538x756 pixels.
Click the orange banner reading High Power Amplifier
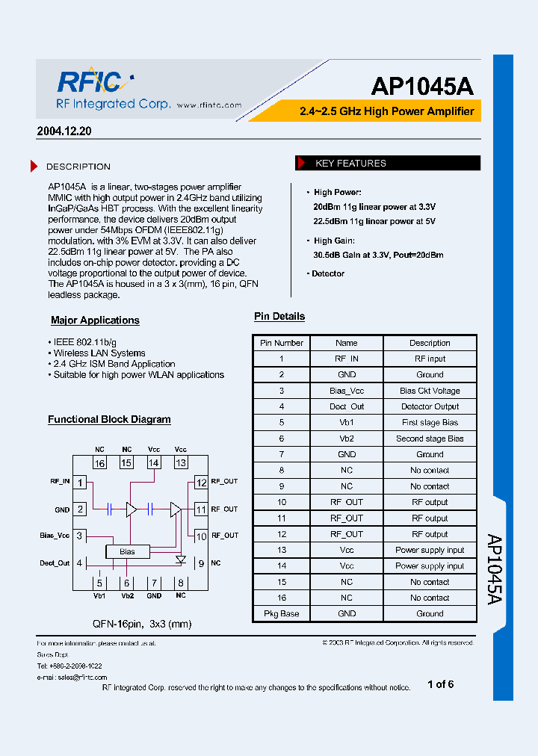tap(386, 111)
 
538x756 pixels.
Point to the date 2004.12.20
tap(64, 131)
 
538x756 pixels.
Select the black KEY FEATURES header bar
tap(389, 163)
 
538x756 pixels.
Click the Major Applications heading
tap(95, 320)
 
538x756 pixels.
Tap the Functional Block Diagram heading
tap(109, 420)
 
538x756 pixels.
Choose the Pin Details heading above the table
tap(279, 317)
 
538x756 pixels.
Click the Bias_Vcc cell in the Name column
tap(347, 391)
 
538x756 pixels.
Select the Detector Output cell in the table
tap(430, 406)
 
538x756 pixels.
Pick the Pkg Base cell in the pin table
tap(282, 613)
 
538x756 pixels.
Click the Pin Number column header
tap(282, 343)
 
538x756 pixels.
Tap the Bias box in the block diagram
tap(127, 552)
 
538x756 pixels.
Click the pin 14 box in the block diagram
tap(154, 463)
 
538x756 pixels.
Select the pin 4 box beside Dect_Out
tap(79, 563)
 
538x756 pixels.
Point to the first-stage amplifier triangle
tap(132, 509)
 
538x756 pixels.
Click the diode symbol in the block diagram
tap(180, 558)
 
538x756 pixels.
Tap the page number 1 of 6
tap(440, 684)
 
